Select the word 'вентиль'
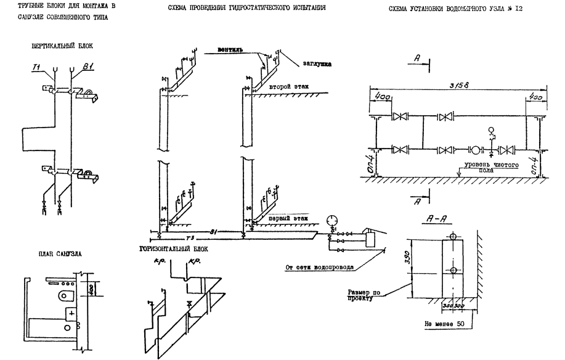232,48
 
